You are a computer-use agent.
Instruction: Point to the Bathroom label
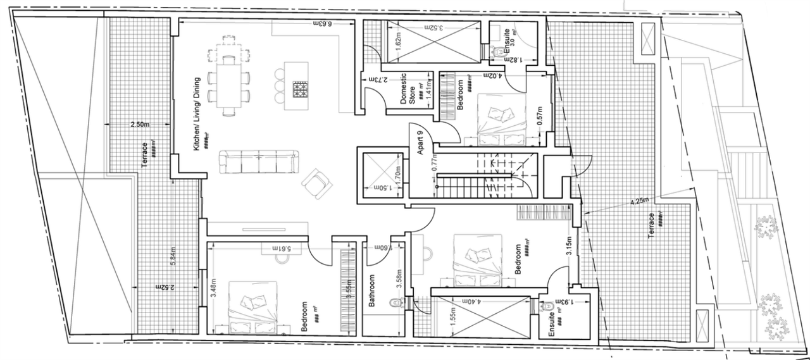(x=373, y=292)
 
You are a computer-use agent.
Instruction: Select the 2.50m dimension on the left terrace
(x=140, y=125)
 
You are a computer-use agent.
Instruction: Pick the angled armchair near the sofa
(x=315, y=183)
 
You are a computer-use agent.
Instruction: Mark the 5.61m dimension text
(x=278, y=248)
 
